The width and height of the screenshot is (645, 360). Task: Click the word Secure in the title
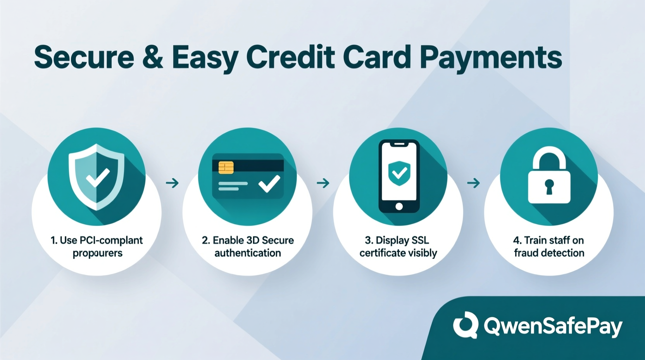(84, 57)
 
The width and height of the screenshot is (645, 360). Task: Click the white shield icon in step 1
(97, 177)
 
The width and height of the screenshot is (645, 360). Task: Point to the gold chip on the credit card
(226, 167)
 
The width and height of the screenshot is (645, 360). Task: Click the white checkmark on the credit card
(269, 183)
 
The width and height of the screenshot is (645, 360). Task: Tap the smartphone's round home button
(399, 207)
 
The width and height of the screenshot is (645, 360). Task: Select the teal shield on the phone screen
(399, 173)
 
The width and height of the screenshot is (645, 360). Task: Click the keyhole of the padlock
(549, 186)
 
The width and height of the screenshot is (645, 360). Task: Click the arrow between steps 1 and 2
(172, 183)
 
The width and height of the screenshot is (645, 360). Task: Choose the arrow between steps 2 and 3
(323, 183)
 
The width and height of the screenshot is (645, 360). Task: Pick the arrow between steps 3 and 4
(473, 183)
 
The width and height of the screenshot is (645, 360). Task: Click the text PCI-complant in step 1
(111, 241)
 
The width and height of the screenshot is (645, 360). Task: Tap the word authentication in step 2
(248, 253)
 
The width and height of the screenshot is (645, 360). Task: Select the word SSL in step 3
(420, 241)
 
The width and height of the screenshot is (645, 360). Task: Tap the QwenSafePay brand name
(553, 326)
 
